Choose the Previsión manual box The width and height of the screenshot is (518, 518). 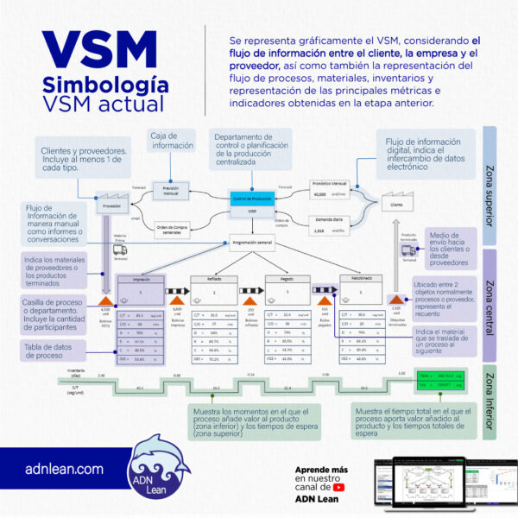click(172, 191)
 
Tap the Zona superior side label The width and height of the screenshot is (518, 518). click(490, 186)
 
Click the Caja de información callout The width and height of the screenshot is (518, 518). click(173, 141)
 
